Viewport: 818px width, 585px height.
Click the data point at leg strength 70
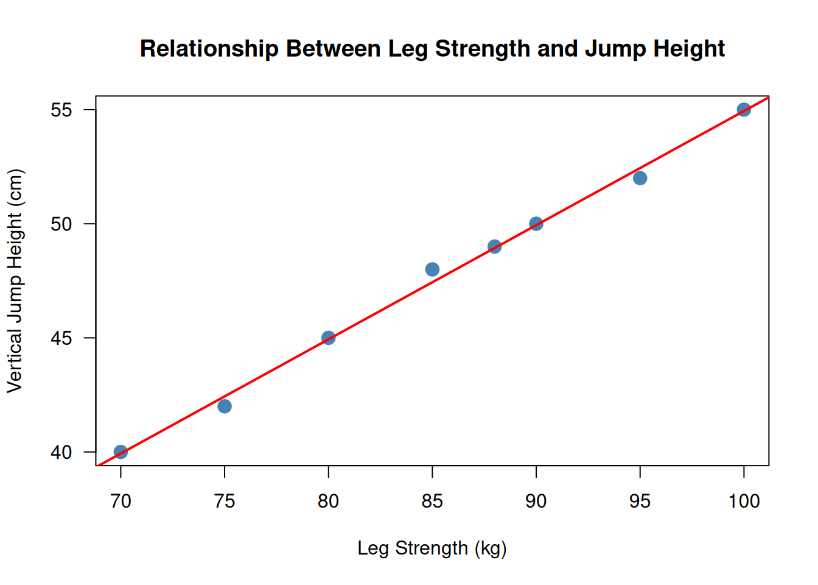pos(121,452)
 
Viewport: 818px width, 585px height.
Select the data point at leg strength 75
pos(225,406)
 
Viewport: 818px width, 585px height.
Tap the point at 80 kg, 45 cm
pos(329,338)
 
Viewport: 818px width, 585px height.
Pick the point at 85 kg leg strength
pos(432,269)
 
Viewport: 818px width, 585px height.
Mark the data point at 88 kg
pos(495,247)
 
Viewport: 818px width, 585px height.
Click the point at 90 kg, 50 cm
pos(536,224)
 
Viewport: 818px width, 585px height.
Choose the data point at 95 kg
pos(640,178)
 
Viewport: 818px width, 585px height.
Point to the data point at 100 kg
pos(744,110)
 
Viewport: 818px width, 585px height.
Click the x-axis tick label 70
pos(121,501)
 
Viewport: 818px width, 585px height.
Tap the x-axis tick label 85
pos(432,501)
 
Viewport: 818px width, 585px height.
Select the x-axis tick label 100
pos(744,501)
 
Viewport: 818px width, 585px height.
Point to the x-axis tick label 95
pos(640,501)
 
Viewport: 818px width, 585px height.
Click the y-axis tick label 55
pos(61,110)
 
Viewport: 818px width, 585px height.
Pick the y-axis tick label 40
pos(61,453)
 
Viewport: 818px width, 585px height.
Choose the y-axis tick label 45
pos(61,338)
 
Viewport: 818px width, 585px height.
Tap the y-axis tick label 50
pos(61,224)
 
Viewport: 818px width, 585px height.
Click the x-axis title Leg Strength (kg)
pos(432,548)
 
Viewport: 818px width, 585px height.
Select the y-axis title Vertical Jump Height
pos(15,280)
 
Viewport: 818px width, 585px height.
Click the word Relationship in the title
pos(209,49)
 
